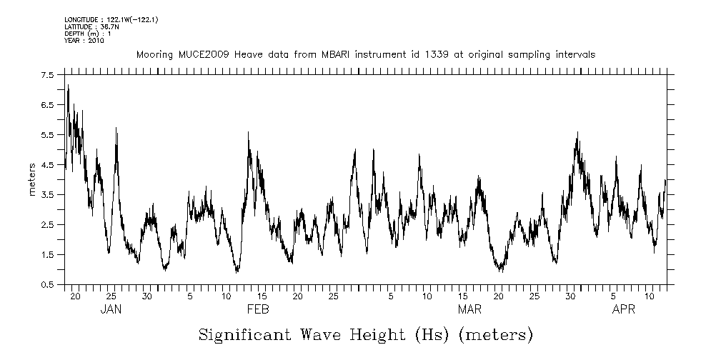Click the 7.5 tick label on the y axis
(48, 74)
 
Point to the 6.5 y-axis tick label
(48, 104)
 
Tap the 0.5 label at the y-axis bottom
(48, 284)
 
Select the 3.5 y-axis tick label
(48, 194)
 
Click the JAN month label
(111, 309)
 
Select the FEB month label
(258, 309)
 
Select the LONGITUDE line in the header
(111, 19)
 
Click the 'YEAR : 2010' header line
(84, 41)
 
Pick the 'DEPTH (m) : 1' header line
(87, 34)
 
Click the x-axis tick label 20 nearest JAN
(75, 296)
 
